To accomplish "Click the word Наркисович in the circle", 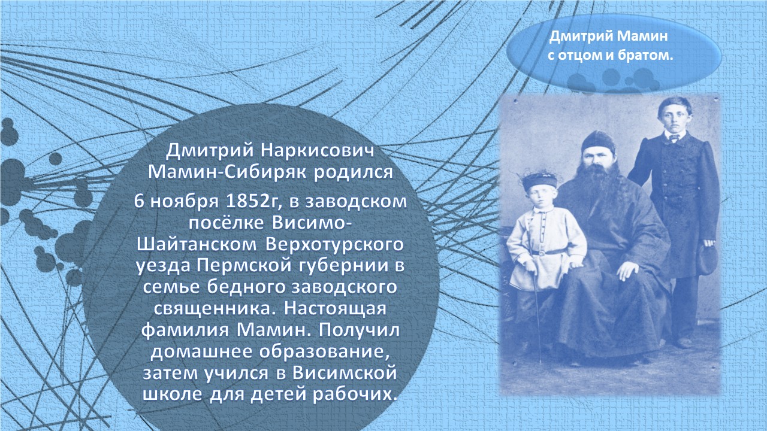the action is pyautogui.click(x=318, y=151).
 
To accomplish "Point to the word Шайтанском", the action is pyautogui.click(x=197, y=244).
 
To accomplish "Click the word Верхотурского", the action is pyautogui.click(x=334, y=245).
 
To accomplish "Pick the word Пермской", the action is pyautogui.click(x=243, y=265).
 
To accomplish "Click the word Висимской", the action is pyautogui.click(x=344, y=373).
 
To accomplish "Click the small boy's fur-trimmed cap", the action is pyautogui.click(x=540, y=180).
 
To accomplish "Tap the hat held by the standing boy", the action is pyautogui.click(x=706, y=260).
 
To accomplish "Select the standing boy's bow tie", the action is pyautogui.click(x=674, y=138).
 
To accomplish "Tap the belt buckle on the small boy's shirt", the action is pyautogui.click(x=542, y=253).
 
